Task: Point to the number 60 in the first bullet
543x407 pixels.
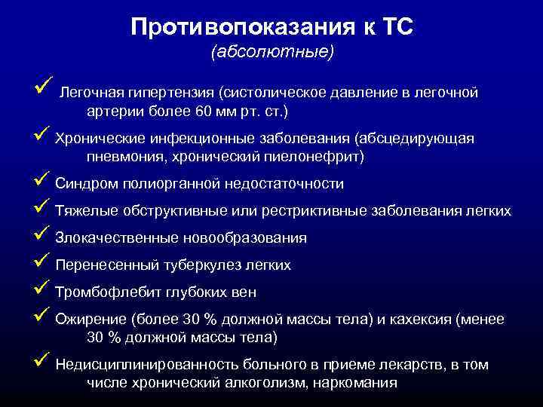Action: coord(203,111)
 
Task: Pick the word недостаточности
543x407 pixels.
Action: coord(283,184)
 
